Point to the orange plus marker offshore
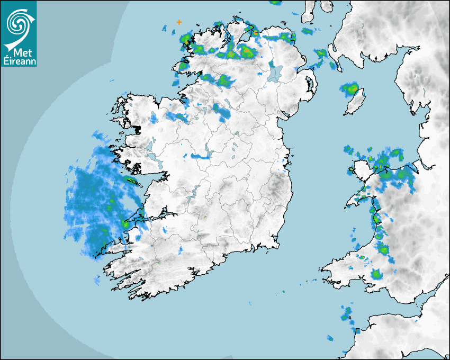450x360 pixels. (x=179, y=22)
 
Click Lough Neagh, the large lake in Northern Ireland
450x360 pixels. (x=275, y=73)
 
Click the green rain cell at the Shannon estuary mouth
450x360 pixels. (x=125, y=224)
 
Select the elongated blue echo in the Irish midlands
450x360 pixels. (x=202, y=156)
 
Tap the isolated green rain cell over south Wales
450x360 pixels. (x=376, y=274)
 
